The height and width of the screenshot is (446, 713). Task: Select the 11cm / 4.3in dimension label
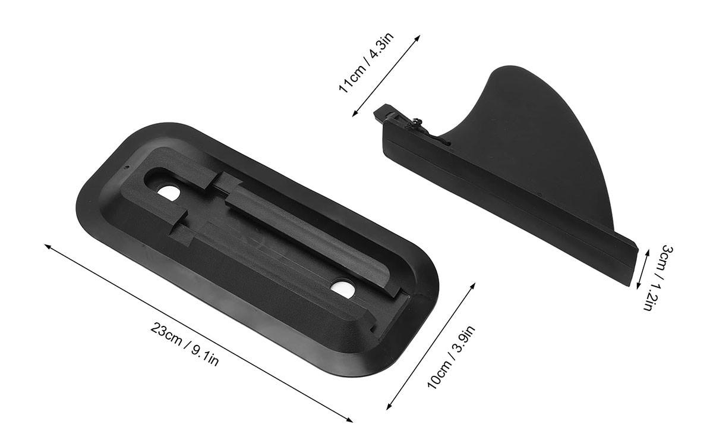click(366, 62)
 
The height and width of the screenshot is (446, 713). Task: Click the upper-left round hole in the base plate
click(169, 193)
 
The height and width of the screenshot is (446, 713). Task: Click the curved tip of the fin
click(509, 68)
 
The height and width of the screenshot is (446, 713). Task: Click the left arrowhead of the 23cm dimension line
click(47, 246)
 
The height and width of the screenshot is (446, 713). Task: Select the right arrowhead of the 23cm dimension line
click(349, 420)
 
